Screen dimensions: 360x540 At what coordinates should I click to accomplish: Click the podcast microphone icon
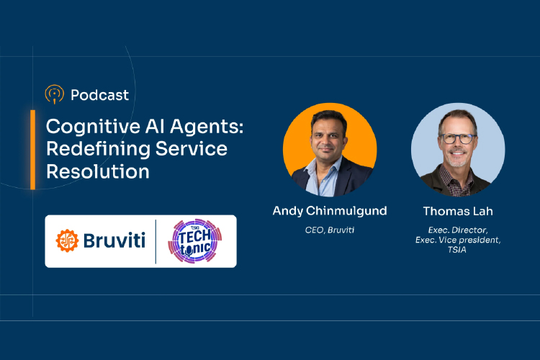coord(54,94)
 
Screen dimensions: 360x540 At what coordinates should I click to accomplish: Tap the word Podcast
coord(100,94)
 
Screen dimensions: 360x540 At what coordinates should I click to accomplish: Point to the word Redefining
coord(89,149)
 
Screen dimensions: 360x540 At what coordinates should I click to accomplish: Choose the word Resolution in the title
coord(98,172)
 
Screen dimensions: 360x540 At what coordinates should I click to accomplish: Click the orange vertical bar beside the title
coord(33,149)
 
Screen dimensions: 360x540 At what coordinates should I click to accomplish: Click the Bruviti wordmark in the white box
coord(112,241)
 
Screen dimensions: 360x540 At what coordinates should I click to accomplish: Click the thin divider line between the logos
coord(156,241)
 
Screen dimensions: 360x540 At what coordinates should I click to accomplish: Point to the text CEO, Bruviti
coord(329,230)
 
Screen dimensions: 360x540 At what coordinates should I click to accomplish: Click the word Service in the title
coord(190,149)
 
